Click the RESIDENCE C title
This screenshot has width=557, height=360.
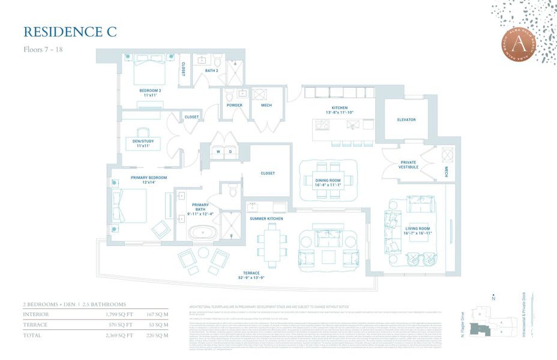(70, 31)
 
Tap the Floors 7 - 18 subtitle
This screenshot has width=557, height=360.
(43, 49)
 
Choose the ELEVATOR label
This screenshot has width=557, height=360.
(406, 120)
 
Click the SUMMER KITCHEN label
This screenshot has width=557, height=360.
(266, 219)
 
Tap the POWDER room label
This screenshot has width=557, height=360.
(234, 106)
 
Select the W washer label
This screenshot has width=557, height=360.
(220, 152)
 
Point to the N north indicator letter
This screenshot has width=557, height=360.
(493, 298)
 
